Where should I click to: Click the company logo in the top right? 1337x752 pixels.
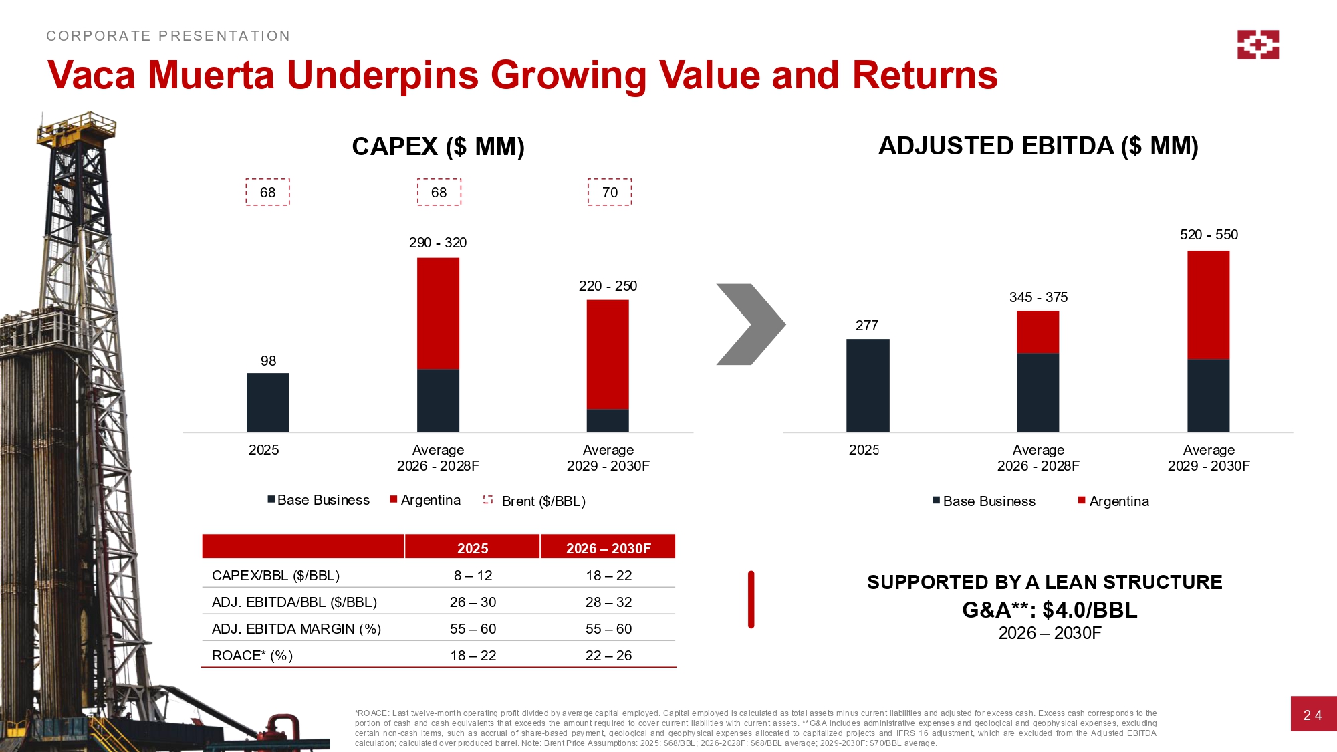point(1257,45)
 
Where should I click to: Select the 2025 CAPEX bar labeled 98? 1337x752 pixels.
point(267,402)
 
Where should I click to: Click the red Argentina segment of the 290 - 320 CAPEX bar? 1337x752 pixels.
point(438,314)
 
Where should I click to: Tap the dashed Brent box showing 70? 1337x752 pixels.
point(610,193)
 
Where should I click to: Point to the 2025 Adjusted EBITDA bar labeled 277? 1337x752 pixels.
point(867,386)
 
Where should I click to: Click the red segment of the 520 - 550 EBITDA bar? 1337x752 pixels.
point(1208,305)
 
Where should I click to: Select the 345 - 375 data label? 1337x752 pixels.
point(1038,297)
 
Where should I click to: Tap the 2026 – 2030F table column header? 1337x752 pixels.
point(608,548)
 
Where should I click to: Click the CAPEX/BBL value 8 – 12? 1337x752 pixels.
point(473,576)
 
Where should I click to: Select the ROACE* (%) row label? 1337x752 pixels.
point(252,656)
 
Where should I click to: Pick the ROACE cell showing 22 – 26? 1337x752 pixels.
point(608,656)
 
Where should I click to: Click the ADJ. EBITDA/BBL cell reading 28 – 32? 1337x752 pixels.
point(608,602)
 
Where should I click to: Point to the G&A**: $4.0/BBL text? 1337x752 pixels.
point(1050,610)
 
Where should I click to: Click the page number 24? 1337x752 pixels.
point(1312,715)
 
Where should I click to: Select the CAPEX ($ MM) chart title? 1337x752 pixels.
point(438,146)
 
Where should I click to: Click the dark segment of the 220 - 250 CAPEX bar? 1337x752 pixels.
point(608,420)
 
